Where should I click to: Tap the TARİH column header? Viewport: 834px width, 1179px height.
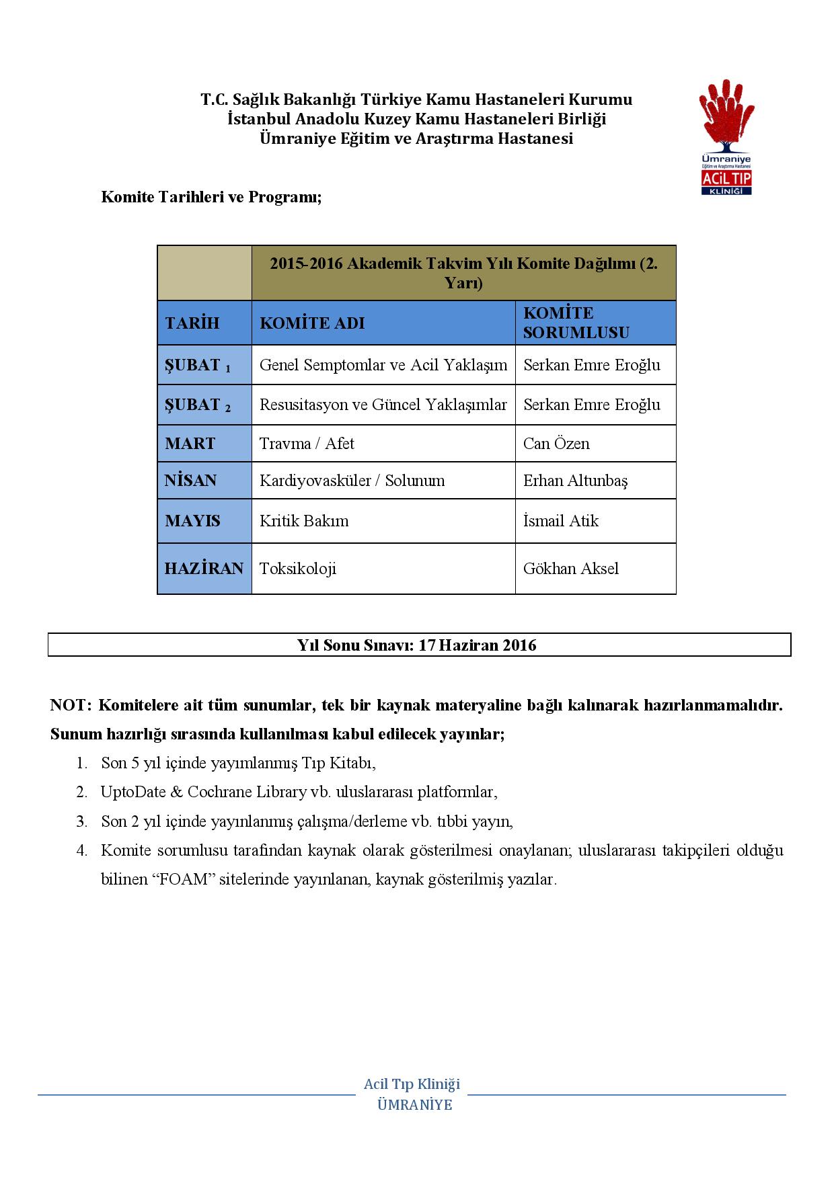tap(192, 323)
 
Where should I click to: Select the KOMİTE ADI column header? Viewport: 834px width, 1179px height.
tap(312, 323)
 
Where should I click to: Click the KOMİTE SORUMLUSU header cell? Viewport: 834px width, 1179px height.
tap(576, 323)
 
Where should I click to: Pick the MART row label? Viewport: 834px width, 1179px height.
tap(190, 444)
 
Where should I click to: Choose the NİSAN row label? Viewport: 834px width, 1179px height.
tap(191, 481)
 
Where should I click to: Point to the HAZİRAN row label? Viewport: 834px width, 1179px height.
tap(204, 569)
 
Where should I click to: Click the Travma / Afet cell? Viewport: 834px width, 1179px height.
tap(307, 444)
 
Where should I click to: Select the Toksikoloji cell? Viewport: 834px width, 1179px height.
tap(298, 569)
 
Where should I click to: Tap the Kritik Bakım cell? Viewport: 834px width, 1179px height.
tap(304, 521)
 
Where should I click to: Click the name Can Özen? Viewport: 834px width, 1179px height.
tap(556, 444)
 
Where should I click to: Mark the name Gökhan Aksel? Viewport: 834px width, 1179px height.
tap(571, 569)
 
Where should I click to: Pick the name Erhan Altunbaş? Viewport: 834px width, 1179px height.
tap(575, 481)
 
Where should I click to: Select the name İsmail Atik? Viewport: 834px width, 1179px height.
tap(561, 521)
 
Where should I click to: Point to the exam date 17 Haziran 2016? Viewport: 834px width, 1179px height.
tap(478, 645)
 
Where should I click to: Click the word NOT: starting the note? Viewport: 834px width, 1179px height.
tap(70, 706)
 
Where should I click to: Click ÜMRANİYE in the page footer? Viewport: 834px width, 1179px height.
tap(415, 1105)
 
